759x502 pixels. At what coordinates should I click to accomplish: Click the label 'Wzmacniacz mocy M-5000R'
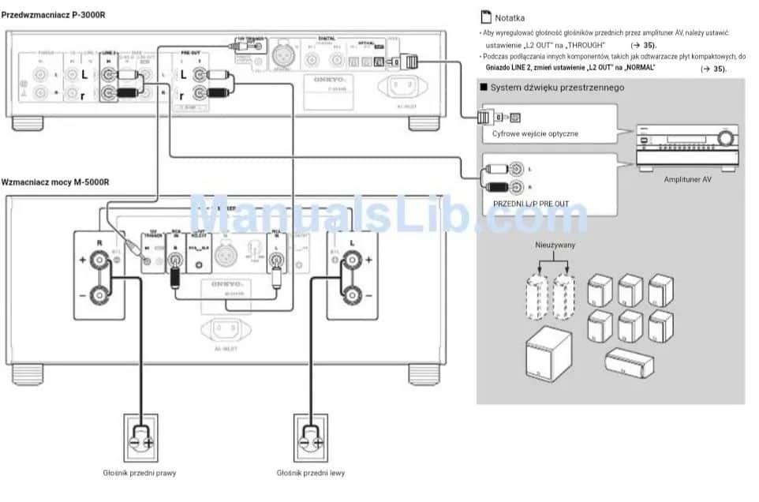55,182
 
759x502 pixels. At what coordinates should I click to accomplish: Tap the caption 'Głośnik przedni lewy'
311,473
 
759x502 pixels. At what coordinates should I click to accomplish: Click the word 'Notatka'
510,17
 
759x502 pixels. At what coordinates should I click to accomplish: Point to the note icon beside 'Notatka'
485,17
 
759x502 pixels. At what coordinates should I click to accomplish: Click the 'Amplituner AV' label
687,179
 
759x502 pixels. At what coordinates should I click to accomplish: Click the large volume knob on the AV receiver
723,140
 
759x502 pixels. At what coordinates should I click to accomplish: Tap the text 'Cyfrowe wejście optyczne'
535,133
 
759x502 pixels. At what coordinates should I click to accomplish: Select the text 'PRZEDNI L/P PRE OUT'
530,204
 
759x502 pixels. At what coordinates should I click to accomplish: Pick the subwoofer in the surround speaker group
549,362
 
